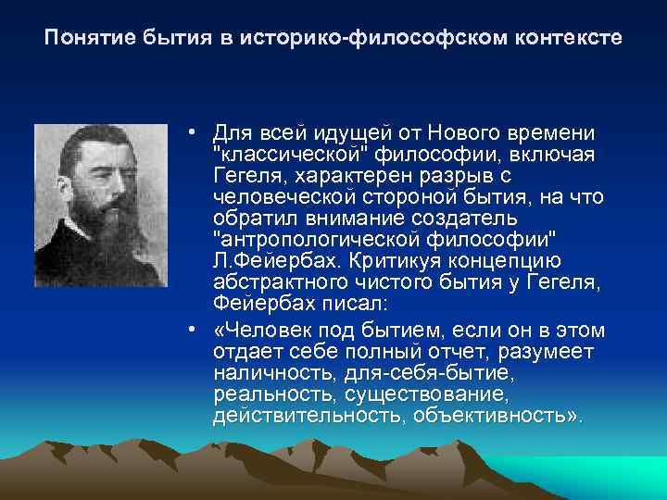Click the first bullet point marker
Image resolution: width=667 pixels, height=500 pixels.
pos(190,132)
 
